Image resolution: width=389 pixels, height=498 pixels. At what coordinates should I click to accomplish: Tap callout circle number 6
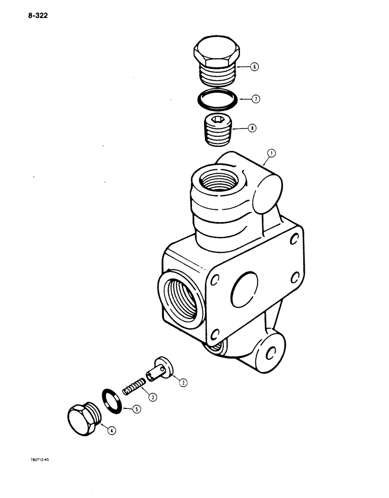coord(254,67)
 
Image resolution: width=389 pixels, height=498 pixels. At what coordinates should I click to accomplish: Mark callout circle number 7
coord(256,100)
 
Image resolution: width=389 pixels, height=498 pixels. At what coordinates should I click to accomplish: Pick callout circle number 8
coord(253,128)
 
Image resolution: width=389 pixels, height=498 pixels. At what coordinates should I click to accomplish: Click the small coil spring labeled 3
coord(134,386)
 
